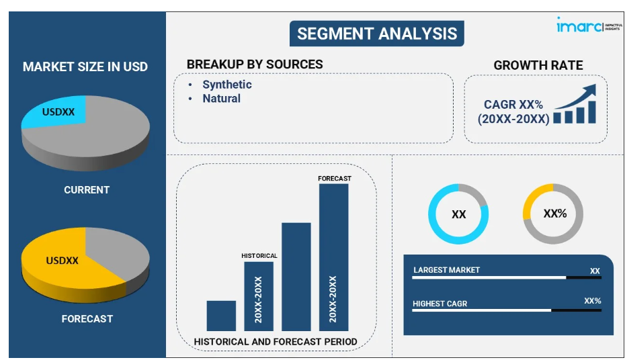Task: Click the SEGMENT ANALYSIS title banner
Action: click(376, 34)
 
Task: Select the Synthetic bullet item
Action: click(226, 85)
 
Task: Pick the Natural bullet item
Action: click(221, 99)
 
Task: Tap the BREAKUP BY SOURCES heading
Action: click(255, 64)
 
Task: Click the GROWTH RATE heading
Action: click(538, 65)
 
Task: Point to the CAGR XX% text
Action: click(513, 105)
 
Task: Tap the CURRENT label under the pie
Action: click(87, 190)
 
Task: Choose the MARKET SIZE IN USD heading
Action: click(85, 66)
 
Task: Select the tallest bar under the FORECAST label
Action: click(334, 255)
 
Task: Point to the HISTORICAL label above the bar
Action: click(259, 256)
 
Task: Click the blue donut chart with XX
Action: click(458, 214)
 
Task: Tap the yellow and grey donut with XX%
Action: click(553, 214)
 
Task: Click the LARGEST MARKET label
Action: click(446, 270)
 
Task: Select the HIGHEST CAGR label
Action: click(440, 304)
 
